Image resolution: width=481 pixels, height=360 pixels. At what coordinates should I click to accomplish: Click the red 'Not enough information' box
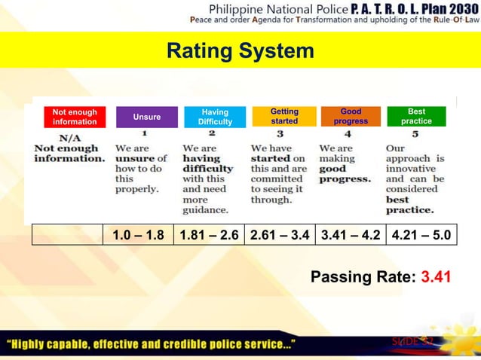(75, 117)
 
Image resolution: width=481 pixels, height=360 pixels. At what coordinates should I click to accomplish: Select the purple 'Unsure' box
(147, 117)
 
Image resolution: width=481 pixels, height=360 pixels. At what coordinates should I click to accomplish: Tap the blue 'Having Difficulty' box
(215, 117)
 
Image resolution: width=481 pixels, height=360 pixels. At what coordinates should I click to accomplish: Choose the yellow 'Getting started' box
(284, 116)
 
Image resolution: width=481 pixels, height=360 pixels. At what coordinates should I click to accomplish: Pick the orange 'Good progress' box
(351, 116)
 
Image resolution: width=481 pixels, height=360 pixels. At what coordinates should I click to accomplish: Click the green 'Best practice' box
(416, 116)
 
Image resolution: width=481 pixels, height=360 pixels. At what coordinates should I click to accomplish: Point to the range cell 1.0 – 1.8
(138, 235)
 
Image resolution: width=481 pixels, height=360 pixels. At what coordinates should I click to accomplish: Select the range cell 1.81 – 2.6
(210, 235)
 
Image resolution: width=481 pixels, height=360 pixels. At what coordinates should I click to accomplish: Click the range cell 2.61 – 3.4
(280, 235)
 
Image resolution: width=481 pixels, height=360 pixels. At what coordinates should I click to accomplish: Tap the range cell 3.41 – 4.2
(350, 235)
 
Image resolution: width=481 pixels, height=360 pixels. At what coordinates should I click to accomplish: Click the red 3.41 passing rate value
(437, 277)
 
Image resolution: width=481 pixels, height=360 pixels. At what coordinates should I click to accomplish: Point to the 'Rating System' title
(240, 51)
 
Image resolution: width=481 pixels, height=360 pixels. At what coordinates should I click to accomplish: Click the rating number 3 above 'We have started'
(280, 134)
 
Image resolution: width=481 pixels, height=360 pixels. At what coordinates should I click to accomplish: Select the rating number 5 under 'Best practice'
(415, 134)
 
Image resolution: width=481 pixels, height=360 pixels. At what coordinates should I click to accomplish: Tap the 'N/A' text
(70, 139)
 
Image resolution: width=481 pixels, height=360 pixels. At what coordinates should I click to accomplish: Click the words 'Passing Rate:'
(363, 277)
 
